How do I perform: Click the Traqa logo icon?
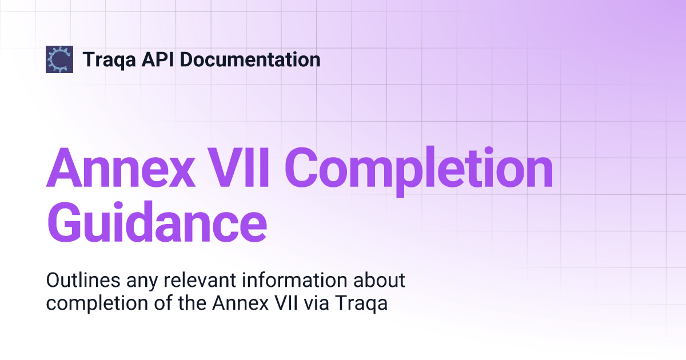click(59, 59)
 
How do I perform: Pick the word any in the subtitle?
click(137, 282)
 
